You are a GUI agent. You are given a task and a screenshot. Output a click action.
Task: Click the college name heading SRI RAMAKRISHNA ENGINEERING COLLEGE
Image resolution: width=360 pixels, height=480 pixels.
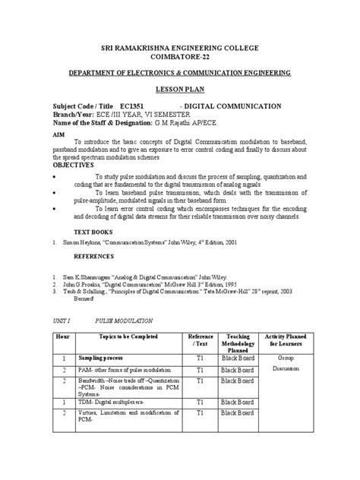point(180,48)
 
